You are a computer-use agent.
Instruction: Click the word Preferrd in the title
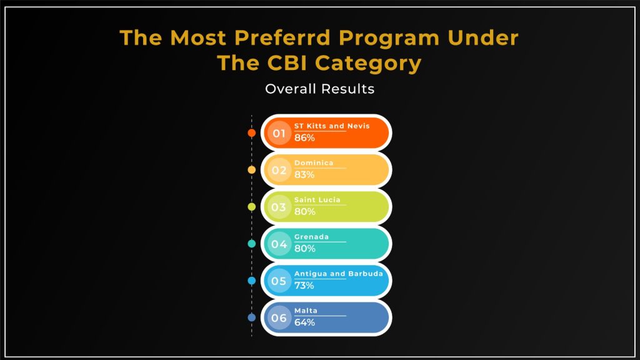coord(282,38)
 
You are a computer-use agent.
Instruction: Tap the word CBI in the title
coord(287,63)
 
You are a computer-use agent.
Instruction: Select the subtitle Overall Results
coord(319,89)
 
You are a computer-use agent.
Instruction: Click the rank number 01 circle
coord(279,133)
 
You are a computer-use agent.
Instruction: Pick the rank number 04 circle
coord(279,244)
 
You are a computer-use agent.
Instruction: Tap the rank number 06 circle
coord(279,318)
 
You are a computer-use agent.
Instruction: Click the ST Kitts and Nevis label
coord(332,126)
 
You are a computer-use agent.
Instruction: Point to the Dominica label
coord(314,163)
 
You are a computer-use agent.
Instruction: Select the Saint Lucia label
coord(317,200)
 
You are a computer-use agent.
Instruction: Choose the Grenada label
coord(311,237)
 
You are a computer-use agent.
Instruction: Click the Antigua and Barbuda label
coord(339,274)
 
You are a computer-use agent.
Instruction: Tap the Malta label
coord(306,311)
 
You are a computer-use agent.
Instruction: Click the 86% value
coord(304,138)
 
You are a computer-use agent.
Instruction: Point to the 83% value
coord(304,175)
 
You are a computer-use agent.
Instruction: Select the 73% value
coord(304,286)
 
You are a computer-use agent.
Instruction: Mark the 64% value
coord(304,322)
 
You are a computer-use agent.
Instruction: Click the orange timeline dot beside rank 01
coord(252,133)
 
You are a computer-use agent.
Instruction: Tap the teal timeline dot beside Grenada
coord(252,244)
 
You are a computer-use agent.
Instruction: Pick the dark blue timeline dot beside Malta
coord(252,317)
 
